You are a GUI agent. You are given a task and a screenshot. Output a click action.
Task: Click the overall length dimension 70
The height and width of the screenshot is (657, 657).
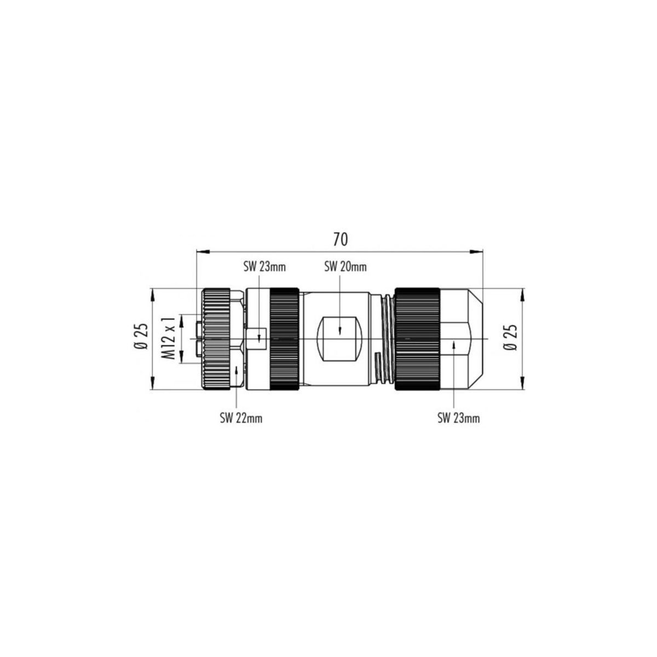pos(340,240)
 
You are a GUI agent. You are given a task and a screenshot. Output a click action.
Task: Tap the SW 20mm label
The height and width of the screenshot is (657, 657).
pos(345,267)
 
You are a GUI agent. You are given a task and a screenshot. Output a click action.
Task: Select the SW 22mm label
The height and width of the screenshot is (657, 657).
pos(241,418)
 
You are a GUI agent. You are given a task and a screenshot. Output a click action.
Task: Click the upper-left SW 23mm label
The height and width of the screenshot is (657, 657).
pos(264,267)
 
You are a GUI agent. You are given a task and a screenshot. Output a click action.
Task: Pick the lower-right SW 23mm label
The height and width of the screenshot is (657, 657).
pos(458,418)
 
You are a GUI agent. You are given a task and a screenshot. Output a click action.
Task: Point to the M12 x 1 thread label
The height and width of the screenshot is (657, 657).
pos(169,338)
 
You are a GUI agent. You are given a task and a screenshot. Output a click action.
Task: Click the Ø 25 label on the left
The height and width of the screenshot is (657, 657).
pos(141,336)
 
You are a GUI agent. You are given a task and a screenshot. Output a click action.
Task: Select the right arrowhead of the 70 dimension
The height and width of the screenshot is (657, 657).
pos(476,252)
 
